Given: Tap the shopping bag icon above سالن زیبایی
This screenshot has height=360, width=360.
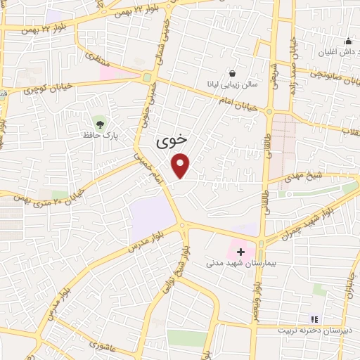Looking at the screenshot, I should pyautogui.click(x=233, y=73).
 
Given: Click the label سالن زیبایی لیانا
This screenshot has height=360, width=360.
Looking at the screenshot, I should pyautogui.click(x=236, y=84).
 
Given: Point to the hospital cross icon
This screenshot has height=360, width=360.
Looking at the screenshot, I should pyautogui.click(x=240, y=251).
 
